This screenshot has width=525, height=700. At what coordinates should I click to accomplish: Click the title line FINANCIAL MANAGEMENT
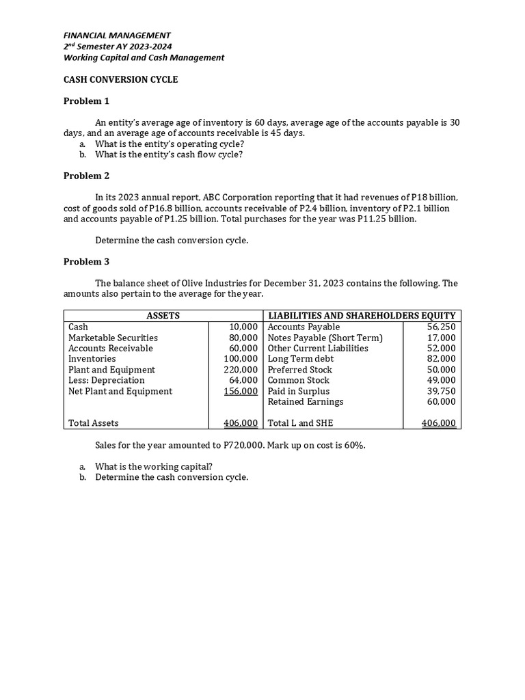tap(117, 35)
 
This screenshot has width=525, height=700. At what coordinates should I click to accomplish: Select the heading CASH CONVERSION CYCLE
tap(120, 79)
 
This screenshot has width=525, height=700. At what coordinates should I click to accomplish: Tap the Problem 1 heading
tap(86, 101)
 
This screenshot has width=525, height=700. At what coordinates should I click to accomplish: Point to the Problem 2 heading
tap(86, 176)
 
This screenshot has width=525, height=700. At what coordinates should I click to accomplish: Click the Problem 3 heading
tap(86, 262)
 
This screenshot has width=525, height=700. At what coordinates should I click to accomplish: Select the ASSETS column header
tap(163, 316)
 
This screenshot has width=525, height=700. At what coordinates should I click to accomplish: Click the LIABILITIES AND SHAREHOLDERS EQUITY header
tap(362, 316)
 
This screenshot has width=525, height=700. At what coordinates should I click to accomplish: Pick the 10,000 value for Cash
tap(243, 327)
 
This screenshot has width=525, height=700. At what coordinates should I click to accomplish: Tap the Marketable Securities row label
tap(113, 338)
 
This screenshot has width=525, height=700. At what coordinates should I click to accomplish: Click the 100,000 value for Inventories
tap(241, 359)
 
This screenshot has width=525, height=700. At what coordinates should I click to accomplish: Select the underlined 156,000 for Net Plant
tap(241, 391)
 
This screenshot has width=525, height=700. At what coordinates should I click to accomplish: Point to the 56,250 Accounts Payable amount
tap(441, 327)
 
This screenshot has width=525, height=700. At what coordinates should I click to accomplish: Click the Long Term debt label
tap(301, 359)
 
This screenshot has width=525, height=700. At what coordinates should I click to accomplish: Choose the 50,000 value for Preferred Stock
tap(441, 370)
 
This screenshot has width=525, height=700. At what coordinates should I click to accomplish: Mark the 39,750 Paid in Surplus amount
tap(441, 391)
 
